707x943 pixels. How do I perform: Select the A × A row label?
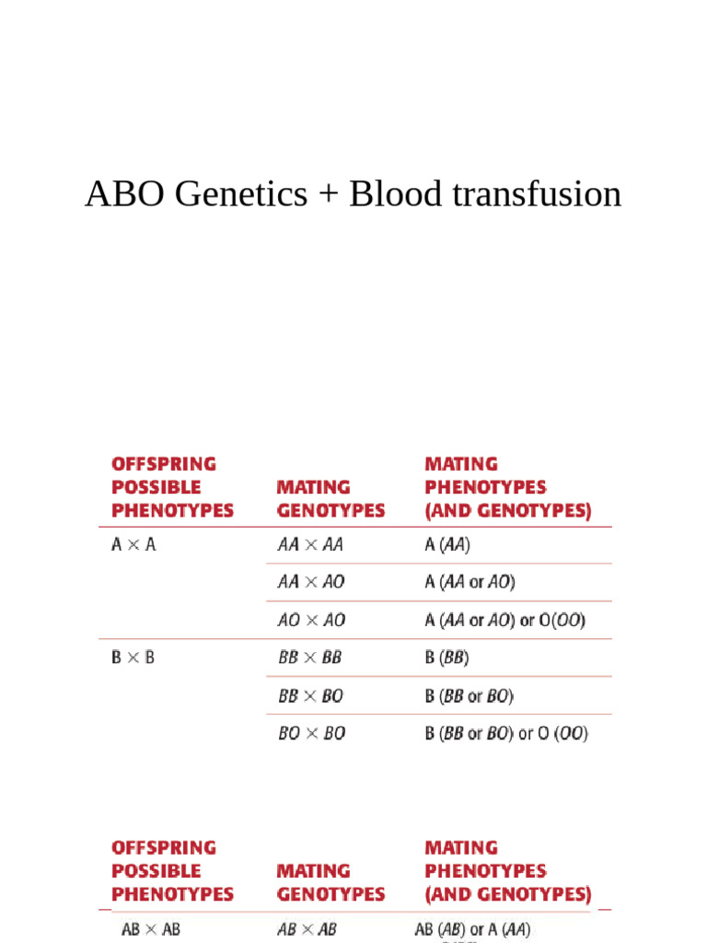pos(133,544)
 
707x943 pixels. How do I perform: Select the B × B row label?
pos(133,658)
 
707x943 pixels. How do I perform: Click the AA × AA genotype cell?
pos(310,544)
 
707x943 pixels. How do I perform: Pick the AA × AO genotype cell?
pos(311,582)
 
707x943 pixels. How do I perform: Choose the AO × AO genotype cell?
pos(311,620)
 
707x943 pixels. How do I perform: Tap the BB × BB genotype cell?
pos(310,658)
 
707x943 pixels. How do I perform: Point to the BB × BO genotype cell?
pos(310,695)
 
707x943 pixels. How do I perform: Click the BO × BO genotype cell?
pos(311,733)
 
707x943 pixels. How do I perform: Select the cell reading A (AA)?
pos(447,544)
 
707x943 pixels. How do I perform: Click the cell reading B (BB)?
pos(447,658)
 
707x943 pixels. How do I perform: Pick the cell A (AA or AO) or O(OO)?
pos(504,620)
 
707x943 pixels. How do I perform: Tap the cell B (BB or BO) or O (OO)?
pos(506,733)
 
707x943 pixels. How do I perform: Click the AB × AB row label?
pos(151,929)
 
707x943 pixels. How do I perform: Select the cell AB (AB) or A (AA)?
pos(472,929)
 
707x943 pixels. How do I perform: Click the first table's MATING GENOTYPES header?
pos(330,498)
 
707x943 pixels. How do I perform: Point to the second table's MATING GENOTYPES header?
pos(330,882)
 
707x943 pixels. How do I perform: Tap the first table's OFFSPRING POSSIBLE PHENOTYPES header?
pos(172,487)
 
